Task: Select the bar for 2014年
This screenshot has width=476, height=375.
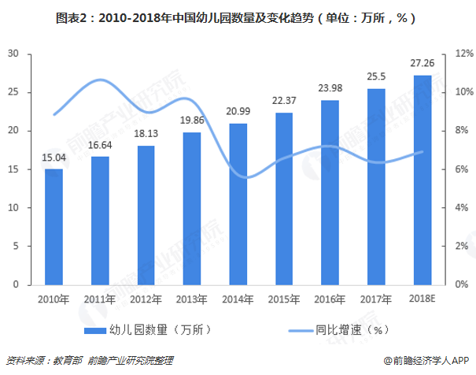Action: pos(238,204)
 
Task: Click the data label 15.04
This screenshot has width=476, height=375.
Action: pos(54,158)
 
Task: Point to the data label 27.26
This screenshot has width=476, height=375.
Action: pos(422,64)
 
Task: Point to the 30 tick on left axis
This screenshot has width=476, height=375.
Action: pos(13,54)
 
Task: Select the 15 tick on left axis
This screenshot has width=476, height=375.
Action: pos(13,169)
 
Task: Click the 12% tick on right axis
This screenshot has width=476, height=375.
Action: pos(463,54)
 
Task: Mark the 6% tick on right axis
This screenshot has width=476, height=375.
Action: pos(463,169)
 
